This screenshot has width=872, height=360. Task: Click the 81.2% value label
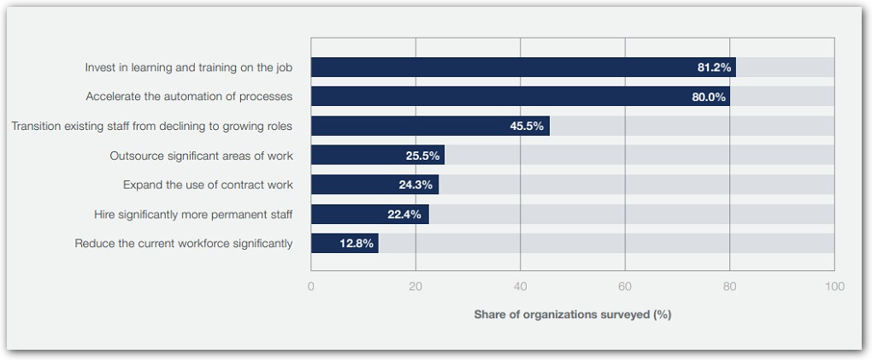coord(714,68)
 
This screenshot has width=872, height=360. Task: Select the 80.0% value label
coord(709,97)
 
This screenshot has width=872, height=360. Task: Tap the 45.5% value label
coord(527,126)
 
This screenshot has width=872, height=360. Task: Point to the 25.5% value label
coord(422,156)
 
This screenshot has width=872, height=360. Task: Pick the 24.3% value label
coord(416,185)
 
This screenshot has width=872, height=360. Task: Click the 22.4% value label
coord(404,214)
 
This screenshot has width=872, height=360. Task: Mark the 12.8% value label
coord(356,244)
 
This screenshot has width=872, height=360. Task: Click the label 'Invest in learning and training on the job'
coord(188,68)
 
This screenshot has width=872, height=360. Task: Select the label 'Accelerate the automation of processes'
coord(189,97)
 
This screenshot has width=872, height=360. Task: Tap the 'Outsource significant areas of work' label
coord(201,156)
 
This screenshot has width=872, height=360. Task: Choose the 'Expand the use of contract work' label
coord(208,185)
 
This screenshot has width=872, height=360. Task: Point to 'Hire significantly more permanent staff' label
coord(193,214)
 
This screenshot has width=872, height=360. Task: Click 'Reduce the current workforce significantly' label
coord(184,244)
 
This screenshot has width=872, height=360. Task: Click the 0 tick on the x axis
coord(311,286)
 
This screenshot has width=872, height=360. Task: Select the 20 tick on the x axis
coord(415,286)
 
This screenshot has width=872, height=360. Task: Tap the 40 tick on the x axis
coord(520,286)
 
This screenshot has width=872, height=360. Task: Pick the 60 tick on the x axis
coord(625,286)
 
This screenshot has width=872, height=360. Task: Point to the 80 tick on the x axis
coord(729,286)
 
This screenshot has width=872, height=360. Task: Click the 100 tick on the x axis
coord(834,286)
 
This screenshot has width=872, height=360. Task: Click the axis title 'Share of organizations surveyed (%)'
coord(573,315)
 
